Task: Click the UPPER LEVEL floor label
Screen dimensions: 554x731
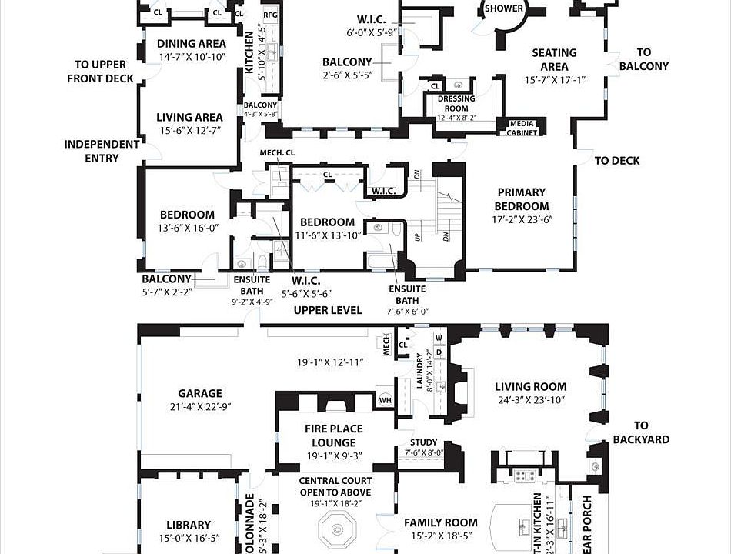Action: point(328,310)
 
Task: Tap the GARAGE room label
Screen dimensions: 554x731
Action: point(199,393)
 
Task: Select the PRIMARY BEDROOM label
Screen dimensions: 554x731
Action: point(521,199)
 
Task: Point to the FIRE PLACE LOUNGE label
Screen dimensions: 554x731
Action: point(334,436)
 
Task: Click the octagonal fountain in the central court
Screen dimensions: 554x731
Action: point(335,529)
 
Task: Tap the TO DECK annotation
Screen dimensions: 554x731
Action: point(617,161)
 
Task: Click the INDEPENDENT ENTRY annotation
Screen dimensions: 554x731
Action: point(102,151)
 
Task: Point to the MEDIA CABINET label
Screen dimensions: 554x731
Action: point(522,128)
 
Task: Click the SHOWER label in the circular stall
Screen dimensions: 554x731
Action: point(504,9)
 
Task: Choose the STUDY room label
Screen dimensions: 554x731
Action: point(423,442)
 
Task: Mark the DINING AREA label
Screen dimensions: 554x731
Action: point(191,44)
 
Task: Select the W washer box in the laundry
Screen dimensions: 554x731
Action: point(439,338)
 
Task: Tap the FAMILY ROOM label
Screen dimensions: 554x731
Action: point(441,522)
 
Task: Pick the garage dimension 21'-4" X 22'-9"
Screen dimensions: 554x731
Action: point(199,407)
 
